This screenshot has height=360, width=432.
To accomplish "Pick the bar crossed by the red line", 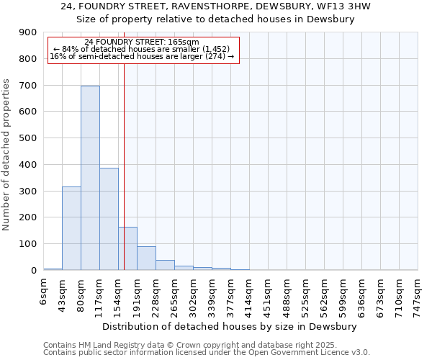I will pyautogui.click(x=127, y=248).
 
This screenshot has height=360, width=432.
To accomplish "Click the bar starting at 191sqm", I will pyautogui.click(x=146, y=258).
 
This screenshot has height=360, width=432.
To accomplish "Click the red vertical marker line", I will pyautogui.click(x=124, y=144).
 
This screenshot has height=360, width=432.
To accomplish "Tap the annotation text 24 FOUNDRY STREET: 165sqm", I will pyautogui.click(x=142, y=42).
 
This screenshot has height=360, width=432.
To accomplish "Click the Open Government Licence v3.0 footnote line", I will pyautogui.click(x=207, y=353).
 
